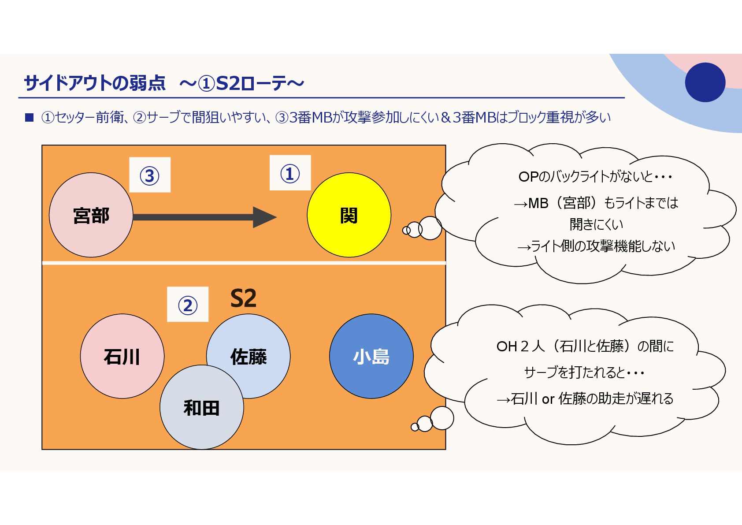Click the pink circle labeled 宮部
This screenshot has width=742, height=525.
[x=91, y=215]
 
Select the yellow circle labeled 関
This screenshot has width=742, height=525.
[x=349, y=215]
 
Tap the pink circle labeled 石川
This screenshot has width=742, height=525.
[x=122, y=356]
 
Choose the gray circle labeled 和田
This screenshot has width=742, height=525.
[x=201, y=408]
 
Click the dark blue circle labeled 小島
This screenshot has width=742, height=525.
[x=371, y=356]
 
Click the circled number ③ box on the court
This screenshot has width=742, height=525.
[x=149, y=175]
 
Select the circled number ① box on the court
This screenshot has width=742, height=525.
[x=290, y=173]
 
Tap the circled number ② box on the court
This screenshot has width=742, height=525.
[x=188, y=305]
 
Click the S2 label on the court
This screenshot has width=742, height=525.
[x=243, y=298]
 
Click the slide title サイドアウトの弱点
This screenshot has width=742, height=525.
[x=95, y=83]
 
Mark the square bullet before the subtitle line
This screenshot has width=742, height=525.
[x=30, y=117]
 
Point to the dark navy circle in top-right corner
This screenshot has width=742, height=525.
[x=705, y=82]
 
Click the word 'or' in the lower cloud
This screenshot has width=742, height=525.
[x=548, y=399]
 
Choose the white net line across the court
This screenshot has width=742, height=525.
[x=244, y=263]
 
